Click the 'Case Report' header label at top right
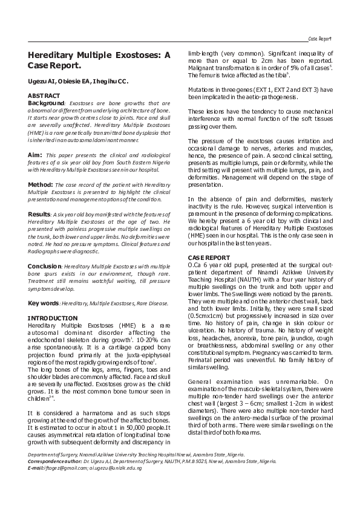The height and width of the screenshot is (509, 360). click(320, 38)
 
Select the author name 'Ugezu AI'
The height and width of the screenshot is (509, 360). click(42, 80)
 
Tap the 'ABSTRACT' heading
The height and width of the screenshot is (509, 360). click(44, 96)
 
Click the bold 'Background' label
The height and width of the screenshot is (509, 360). click(46, 103)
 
